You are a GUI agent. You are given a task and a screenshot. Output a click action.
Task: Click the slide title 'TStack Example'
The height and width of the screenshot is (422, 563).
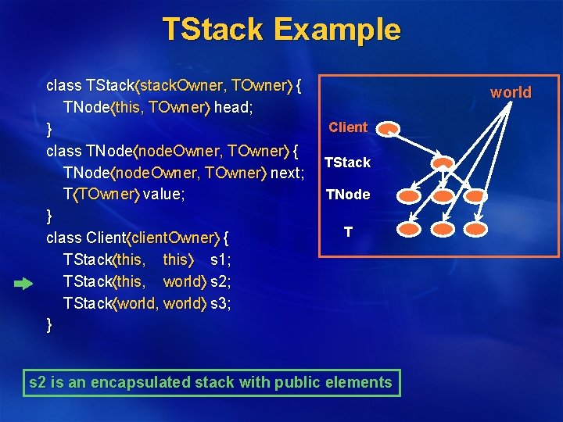click(x=281, y=30)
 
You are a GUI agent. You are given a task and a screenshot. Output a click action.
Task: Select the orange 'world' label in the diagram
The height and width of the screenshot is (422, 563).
click(x=510, y=92)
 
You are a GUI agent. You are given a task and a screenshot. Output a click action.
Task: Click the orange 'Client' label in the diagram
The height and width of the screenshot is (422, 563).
click(x=348, y=127)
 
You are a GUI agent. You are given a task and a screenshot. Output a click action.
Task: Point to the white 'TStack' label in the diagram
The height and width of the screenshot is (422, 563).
click(x=347, y=163)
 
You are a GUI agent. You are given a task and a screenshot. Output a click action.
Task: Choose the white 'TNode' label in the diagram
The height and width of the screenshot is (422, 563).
click(x=348, y=195)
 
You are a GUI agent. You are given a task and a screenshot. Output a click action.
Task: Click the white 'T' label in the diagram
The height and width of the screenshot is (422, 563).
click(x=348, y=232)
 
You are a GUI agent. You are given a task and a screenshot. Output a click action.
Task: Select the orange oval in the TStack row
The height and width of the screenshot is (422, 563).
click(x=443, y=163)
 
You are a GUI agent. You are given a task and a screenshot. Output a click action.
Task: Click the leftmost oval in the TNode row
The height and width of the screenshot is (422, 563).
click(x=407, y=196)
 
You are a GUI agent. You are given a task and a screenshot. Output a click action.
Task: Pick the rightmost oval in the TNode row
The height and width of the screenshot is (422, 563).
click(x=478, y=196)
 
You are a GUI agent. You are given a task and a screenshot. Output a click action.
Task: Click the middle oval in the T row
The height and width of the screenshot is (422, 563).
click(x=443, y=230)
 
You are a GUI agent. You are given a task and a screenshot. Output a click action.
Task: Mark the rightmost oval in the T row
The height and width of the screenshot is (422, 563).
click(x=478, y=230)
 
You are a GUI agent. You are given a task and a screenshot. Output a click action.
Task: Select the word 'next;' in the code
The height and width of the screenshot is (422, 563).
click(x=287, y=171)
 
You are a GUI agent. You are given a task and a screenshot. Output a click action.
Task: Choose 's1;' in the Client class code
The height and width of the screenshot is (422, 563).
click(x=221, y=259)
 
